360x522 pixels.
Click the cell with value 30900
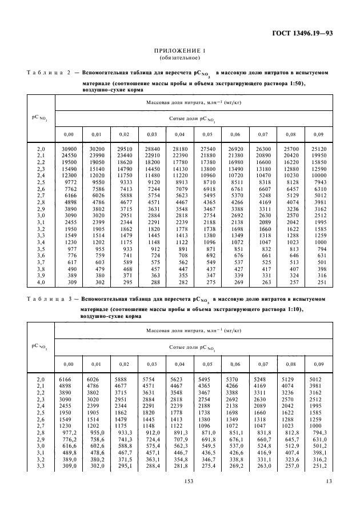[69, 149]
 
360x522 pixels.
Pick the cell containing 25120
[317, 149]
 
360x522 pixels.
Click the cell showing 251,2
[317, 467]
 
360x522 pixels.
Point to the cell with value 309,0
[69, 467]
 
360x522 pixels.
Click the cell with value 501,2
[317, 445]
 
